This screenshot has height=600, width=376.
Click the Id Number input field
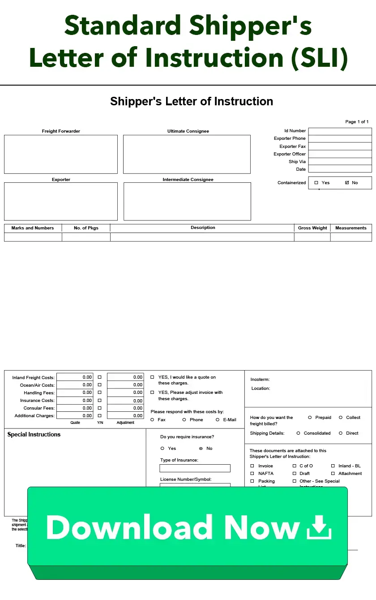tap(340, 131)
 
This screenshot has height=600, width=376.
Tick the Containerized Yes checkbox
tap(316, 183)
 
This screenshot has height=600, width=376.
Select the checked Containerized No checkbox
tap(347, 183)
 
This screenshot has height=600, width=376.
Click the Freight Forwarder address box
tap(61, 154)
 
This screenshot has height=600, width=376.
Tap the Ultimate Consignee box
tap(187, 154)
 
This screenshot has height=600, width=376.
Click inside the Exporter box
tap(61, 201)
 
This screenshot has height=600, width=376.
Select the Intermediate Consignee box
tap(187, 201)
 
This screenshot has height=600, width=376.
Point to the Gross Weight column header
tap(312, 228)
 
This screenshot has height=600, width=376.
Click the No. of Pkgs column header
tap(86, 228)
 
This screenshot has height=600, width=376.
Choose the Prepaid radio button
tap(310, 418)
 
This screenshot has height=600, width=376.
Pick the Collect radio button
tap(341, 418)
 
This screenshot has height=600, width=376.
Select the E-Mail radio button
tap(218, 420)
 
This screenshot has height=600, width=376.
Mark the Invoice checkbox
tap(252, 466)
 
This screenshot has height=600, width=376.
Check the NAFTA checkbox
tap(252, 474)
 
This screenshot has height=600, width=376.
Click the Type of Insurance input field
tap(195, 468)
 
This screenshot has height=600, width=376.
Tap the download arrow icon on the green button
tap(319, 527)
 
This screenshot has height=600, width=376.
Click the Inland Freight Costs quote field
tap(75, 377)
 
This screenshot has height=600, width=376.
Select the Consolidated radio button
tap(298, 433)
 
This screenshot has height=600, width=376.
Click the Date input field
tap(340, 169)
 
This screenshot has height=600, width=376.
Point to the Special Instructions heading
tap(34, 435)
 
